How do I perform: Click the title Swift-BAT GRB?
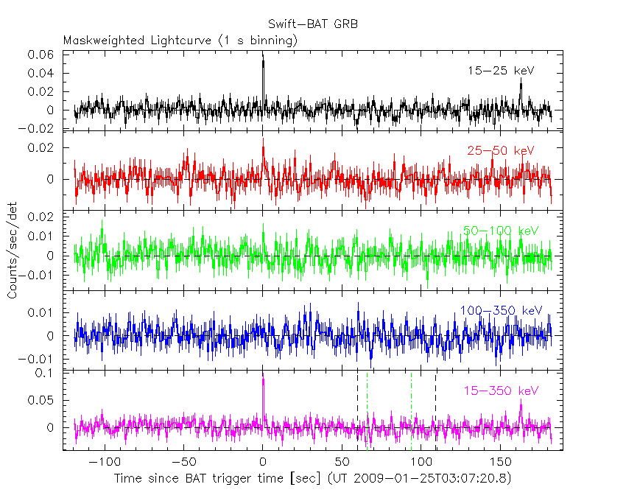(313, 24)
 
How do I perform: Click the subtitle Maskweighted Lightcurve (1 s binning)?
(180, 41)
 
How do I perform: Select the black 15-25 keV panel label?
(500, 71)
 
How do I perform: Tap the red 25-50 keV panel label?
(500, 150)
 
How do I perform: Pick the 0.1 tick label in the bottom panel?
(48, 373)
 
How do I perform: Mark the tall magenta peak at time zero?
(263, 383)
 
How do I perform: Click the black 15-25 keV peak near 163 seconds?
(521, 83)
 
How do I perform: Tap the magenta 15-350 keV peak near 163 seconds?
(521, 407)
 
